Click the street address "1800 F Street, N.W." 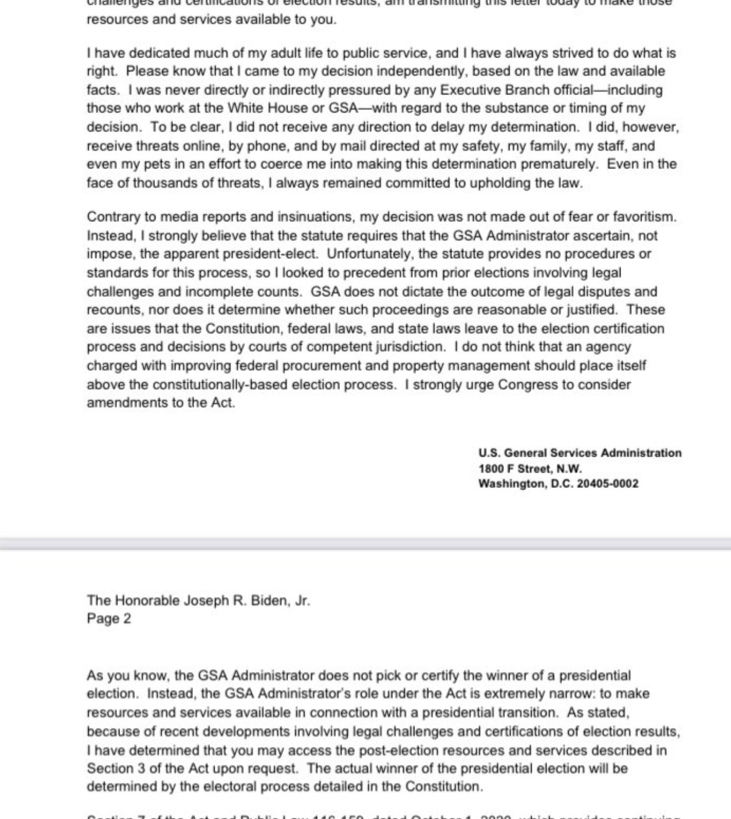pyautogui.click(x=530, y=469)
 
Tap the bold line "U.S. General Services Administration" pyautogui.click(x=580, y=453)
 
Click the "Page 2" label pyautogui.click(x=109, y=619)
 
